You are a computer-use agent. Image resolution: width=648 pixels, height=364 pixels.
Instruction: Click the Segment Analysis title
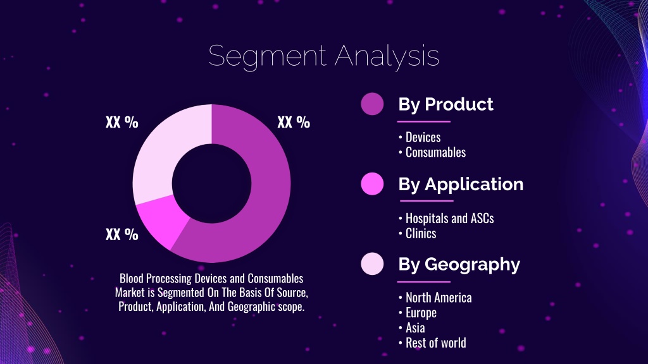point(323,56)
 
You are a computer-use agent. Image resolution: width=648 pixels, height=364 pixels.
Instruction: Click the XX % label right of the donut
point(294,122)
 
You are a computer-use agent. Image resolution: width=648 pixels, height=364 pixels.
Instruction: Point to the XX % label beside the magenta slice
point(122,234)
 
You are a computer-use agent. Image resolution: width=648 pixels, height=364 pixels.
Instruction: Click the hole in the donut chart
point(211,183)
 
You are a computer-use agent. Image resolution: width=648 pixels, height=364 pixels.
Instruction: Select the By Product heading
point(445,104)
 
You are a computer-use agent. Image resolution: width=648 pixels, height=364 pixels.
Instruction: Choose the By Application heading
point(461,185)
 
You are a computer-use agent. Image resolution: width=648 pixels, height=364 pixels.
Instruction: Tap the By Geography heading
point(459,265)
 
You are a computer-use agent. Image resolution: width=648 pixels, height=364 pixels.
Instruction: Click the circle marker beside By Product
point(372,104)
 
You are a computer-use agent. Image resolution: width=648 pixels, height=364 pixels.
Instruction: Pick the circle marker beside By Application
point(372,184)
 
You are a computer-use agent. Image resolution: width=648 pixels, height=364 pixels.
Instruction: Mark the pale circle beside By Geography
point(372,264)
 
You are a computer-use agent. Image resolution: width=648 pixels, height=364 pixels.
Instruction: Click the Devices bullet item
point(420,137)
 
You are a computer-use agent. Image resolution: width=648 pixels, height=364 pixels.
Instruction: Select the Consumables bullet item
point(432,152)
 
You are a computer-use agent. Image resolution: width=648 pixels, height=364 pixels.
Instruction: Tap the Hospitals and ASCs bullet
point(446,218)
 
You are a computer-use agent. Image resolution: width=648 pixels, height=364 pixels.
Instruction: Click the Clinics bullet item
point(417,234)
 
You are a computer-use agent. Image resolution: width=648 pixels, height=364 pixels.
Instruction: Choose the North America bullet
point(435,298)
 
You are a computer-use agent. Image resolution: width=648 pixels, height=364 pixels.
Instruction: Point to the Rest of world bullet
point(432,343)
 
